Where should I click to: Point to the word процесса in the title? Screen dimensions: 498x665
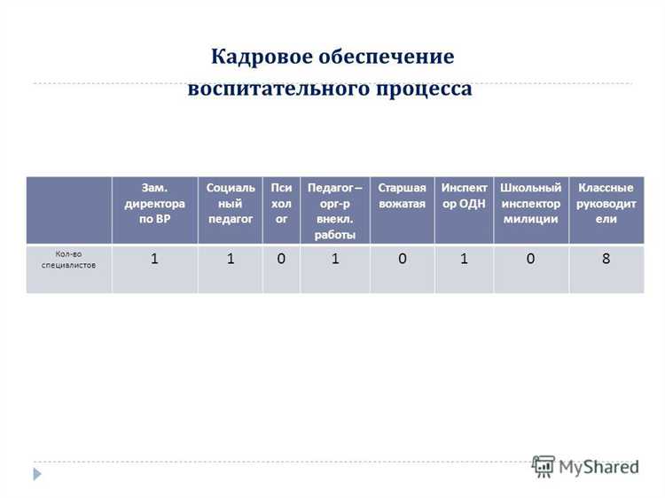[425, 89]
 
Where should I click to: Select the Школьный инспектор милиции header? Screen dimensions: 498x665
[530, 203]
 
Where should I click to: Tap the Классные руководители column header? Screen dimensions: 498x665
[606, 203]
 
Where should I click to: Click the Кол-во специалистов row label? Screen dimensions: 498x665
[69, 260]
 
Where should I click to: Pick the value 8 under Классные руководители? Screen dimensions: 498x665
[606, 260]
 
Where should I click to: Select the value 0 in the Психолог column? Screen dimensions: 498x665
[281, 260]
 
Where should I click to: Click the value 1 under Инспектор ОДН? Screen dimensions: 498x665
[464, 260]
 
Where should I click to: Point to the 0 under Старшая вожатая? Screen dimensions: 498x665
[402, 260]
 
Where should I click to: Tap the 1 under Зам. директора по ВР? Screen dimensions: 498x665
[155, 260]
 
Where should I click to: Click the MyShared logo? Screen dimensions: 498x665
[584, 466]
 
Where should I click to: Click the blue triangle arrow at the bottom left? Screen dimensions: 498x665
[36, 474]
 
